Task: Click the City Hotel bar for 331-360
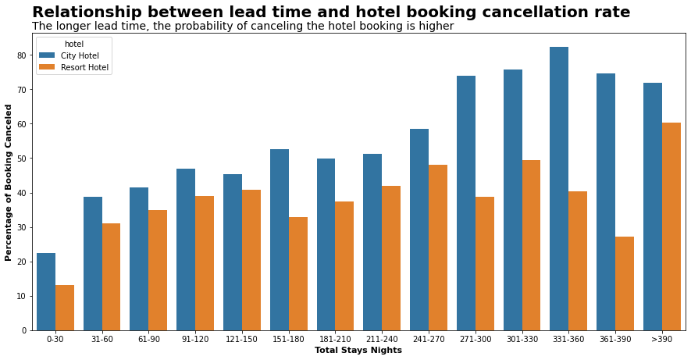(x=559, y=188)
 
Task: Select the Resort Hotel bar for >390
(x=671, y=226)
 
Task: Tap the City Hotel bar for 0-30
(x=46, y=291)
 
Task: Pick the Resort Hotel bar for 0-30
(x=65, y=308)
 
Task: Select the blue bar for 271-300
(x=466, y=203)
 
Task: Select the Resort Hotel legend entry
(x=84, y=67)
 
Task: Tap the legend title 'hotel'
(x=73, y=44)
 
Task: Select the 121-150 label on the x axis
(x=242, y=339)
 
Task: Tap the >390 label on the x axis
(x=662, y=339)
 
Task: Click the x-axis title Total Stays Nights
(x=358, y=351)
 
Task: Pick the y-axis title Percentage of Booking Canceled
(x=9, y=182)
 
